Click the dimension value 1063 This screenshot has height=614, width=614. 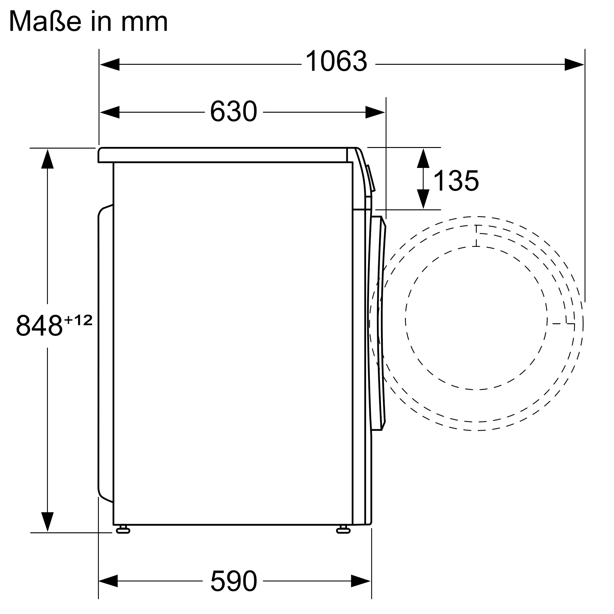click(336, 61)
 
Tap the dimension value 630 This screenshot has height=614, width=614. click(234, 111)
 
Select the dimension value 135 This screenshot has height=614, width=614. click(456, 181)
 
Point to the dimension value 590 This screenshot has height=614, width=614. click(234, 581)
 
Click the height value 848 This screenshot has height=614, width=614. click(39, 325)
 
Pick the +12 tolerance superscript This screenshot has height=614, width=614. click(79, 320)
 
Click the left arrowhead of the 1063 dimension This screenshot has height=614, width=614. click(110, 64)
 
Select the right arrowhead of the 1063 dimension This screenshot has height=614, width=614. click(574, 64)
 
